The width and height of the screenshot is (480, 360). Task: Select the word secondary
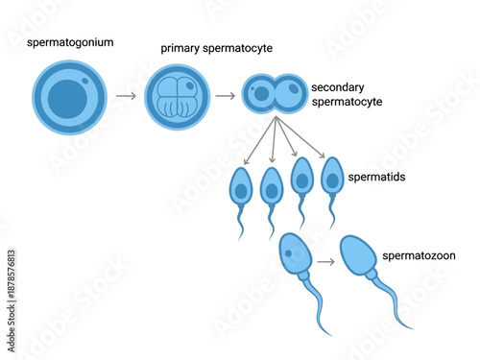coord(338,86)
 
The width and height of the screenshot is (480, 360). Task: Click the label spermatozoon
coord(419,255)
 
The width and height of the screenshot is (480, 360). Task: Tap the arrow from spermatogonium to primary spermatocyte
coord(125,96)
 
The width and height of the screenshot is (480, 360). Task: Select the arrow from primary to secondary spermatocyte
coord(226,96)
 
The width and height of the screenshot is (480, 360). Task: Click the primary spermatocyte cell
coord(177,97)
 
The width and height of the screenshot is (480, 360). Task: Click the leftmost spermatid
coord(241,186)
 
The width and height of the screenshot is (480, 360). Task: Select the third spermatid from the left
coord(302,180)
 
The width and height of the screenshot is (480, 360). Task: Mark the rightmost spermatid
coord(332,179)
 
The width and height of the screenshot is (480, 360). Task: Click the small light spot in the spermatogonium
coord(84,83)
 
